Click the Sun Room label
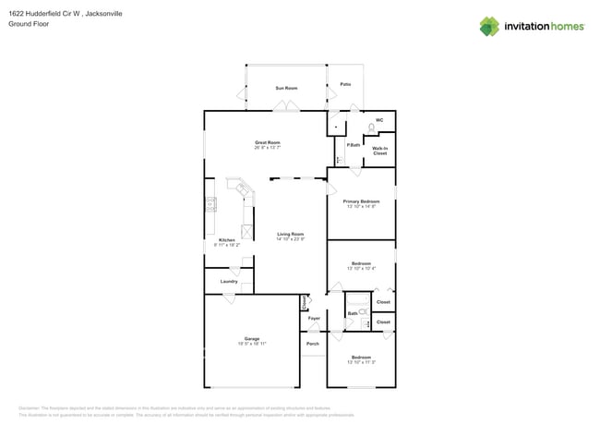coord(286,88)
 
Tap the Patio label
coord(345,84)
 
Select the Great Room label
coord(268,142)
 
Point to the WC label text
coord(379,120)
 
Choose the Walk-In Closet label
coord(379,151)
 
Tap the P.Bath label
coord(353,145)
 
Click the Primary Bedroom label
coord(361,201)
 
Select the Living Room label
coord(291,234)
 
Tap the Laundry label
coord(228,282)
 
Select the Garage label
coord(251,338)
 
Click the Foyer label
coord(314,318)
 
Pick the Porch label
coord(312,344)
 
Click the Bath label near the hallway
coord(353,314)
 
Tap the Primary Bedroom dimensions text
coord(361,207)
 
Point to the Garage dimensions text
coord(251,344)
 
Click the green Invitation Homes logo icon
coord(489,26)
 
